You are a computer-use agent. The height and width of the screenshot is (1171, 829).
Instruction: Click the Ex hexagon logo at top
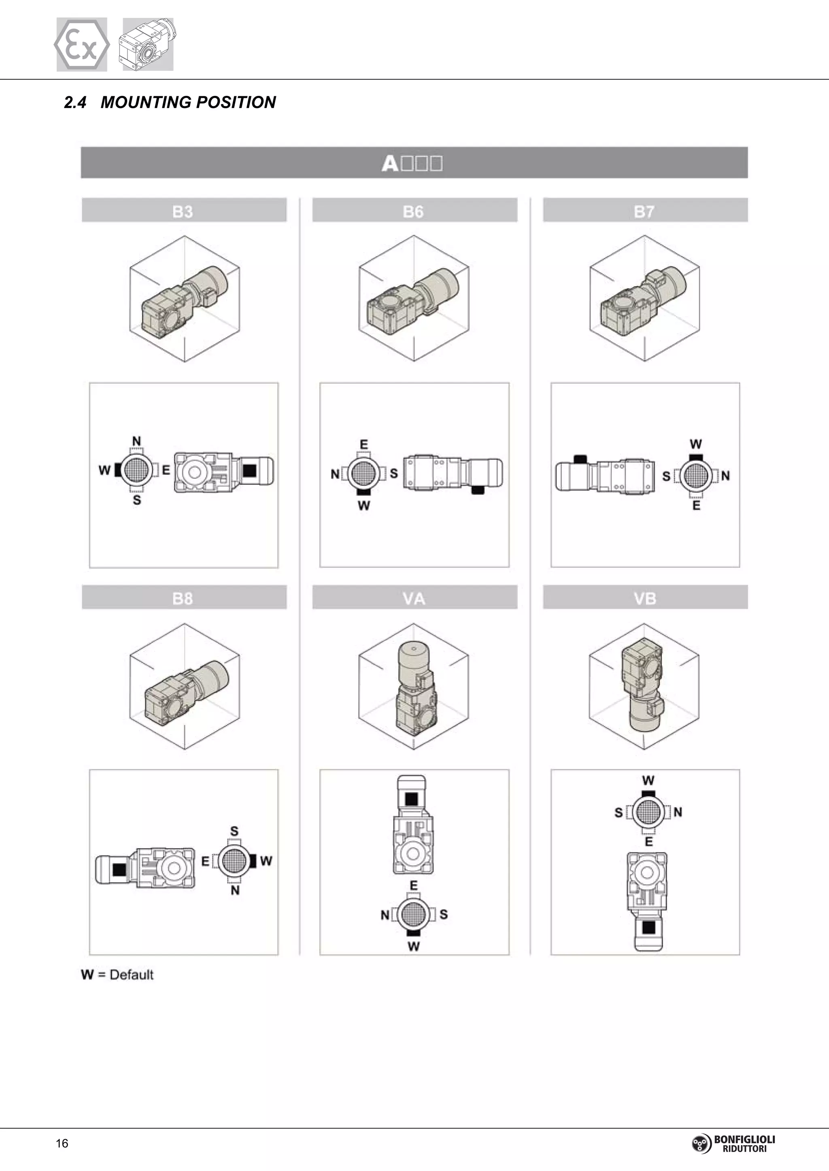pyautogui.click(x=82, y=44)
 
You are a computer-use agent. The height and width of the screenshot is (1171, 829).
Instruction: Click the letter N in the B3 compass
pyautogui.click(x=136, y=441)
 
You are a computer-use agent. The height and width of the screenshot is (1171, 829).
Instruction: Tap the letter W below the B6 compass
pyautogui.click(x=363, y=505)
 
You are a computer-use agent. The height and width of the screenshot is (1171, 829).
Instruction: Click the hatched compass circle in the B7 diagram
pyautogui.click(x=695, y=476)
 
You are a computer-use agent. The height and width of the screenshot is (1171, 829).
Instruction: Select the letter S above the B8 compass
pyautogui.click(x=234, y=831)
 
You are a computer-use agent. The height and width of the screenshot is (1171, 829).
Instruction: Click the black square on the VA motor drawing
pyautogui.click(x=411, y=799)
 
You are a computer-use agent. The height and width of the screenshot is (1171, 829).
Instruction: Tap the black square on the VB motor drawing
pyautogui.click(x=648, y=927)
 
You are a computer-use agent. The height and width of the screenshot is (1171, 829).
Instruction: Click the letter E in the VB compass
pyautogui.click(x=648, y=841)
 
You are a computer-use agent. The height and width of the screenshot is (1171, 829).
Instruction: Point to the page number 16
pyautogui.click(x=62, y=1144)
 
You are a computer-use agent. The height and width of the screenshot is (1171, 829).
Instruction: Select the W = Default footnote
pyautogui.click(x=117, y=974)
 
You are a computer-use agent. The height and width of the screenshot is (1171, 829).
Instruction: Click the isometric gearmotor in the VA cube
pyautogui.click(x=414, y=687)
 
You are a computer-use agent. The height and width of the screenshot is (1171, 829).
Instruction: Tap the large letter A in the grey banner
pyautogui.click(x=390, y=163)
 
